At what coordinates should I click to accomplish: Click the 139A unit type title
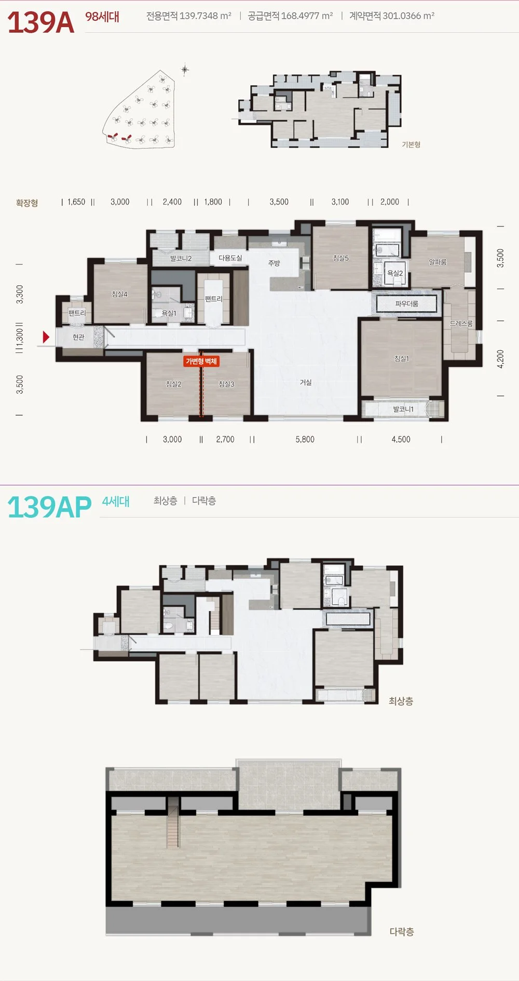click(41, 22)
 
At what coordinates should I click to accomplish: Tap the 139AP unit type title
click(49, 507)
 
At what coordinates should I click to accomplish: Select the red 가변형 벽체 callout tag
click(201, 361)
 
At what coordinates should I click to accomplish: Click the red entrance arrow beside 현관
click(46, 337)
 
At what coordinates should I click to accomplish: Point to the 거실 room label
click(306, 382)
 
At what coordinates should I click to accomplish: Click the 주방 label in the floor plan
click(274, 263)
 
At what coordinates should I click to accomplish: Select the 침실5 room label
click(341, 258)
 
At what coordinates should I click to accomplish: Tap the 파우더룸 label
click(407, 303)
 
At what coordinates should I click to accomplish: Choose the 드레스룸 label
click(461, 323)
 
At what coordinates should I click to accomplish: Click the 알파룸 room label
click(438, 262)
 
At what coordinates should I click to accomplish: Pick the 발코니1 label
click(403, 409)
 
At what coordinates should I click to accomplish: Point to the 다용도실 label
click(230, 258)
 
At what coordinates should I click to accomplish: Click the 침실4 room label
click(119, 294)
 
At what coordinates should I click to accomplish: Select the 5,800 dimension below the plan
click(305, 440)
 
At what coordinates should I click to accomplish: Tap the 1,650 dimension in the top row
click(76, 202)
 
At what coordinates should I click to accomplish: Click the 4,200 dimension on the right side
click(500, 359)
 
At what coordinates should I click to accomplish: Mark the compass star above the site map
click(185, 69)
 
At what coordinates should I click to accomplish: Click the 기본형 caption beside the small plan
click(411, 144)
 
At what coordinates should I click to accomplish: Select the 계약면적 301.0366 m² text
click(392, 16)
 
